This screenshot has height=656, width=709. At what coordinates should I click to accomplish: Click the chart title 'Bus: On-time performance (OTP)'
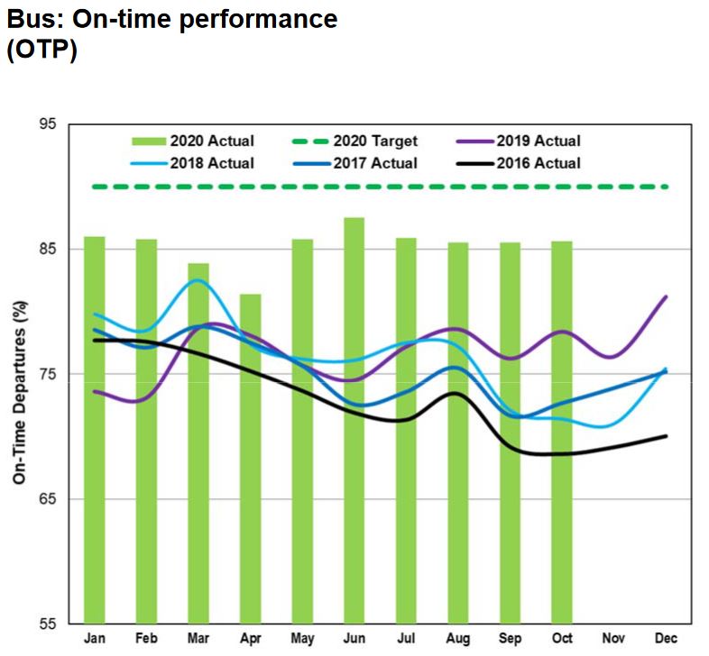pyautogui.click(x=171, y=34)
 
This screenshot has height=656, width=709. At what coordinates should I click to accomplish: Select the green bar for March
pyautogui.click(x=198, y=442)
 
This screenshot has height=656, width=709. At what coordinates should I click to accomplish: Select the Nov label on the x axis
pyautogui.click(x=613, y=639)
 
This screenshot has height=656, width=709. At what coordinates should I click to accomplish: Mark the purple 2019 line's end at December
pyautogui.click(x=666, y=296)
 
